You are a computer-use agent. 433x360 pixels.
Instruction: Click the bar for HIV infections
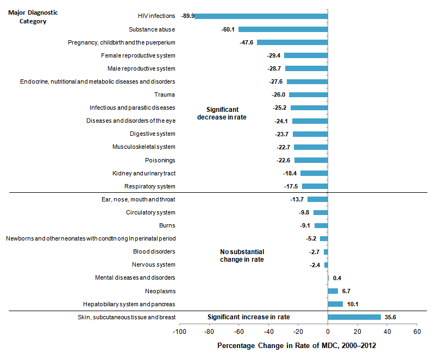pyautogui.click(x=261, y=16)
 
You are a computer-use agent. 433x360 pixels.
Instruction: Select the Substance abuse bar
pyautogui.click(x=283, y=29)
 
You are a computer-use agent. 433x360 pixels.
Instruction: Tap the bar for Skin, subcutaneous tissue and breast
pyautogui.click(x=354, y=317)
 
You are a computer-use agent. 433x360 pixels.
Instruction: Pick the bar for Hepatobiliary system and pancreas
pyautogui.click(x=335, y=304)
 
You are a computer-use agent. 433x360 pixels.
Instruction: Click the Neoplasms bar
pyautogui.click(x=332, y=291)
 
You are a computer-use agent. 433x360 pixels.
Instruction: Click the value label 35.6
pyautogui.click(x=391, y=317)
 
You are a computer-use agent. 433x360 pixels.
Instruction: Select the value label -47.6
pyautogui.click(x=247, y=42)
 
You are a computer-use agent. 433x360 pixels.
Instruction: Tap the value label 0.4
pyautogui.click(x=337, y=278)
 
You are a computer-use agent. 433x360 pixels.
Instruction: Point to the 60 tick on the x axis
pyautogui.click(x=417, y=331)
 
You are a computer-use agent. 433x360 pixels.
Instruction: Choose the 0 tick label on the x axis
pyautogui.click(x=328, y=331)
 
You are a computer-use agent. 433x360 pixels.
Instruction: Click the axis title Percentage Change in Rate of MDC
pyautogui.click(x=297, y=345)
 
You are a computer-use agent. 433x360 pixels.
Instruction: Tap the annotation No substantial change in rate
pyautogui.click(x=242, y=256)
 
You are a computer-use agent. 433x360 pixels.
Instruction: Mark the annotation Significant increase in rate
pyautogui.click(x=249, y=317)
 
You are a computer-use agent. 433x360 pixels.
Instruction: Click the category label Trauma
pyautogui.click(x=165, y=94)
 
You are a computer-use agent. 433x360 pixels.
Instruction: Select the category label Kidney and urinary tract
pyautogui.click(x=143, y=173)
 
